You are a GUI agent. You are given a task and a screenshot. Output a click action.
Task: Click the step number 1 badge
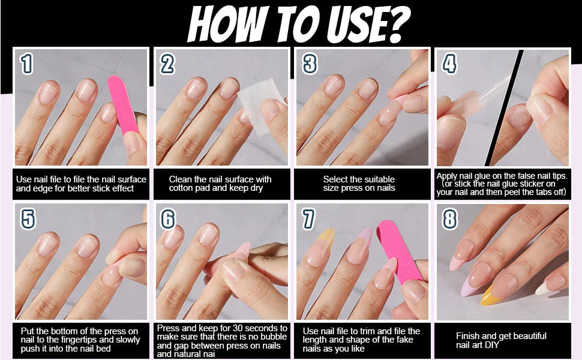(26, 64)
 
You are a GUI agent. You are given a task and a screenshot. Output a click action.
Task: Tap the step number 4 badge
(449, 64)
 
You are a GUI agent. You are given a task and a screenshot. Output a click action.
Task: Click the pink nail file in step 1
(123, 105)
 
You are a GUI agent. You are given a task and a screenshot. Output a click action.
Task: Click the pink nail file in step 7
(399, 251)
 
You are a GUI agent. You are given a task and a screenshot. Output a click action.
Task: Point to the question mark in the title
(396, 25)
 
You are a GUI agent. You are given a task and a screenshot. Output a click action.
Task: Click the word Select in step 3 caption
(334, 179)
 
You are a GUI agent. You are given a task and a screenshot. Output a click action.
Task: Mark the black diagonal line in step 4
(504, 107)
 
